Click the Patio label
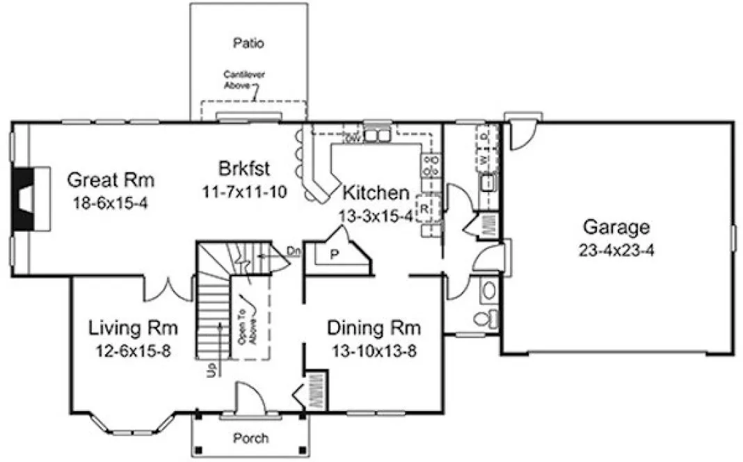pyautogui.click(x=249, y=43)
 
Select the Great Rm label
pyautogui.click(x=110, y=180)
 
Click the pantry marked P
pyautogui.click(x=334, y=255)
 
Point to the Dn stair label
pyautogui.click(x=293, y=248)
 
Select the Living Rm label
pyautogui.click(x=134, y=327)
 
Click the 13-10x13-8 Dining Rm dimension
pyautogui.click(x=374, y=350)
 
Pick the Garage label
pyautogui.click(x=616, y=227)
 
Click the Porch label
pyautogui.click(x=250, y=438)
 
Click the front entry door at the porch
pyautogui.click(x=248, y=399)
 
